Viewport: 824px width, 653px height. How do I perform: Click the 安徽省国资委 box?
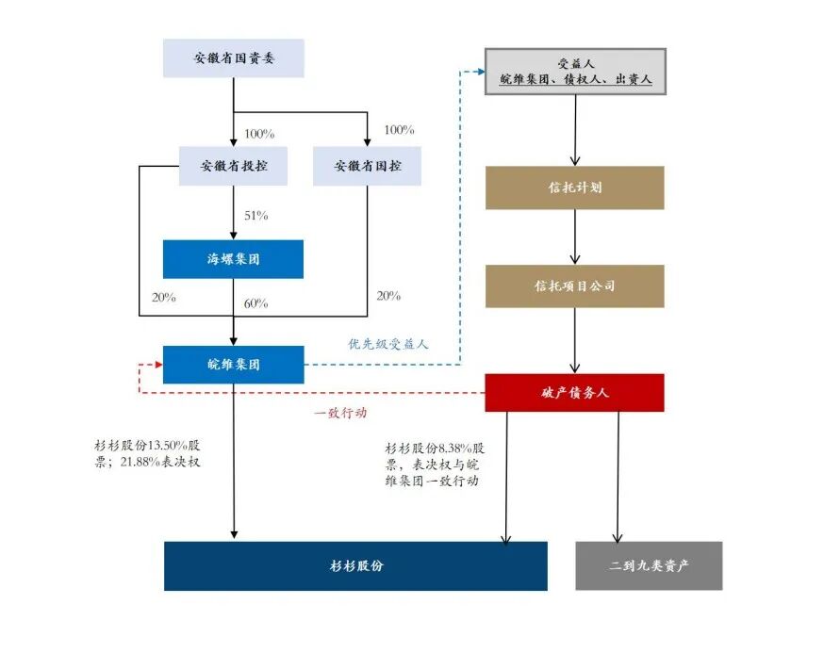coord(234,57)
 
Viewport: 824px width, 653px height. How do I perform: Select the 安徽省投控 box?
coord(234,166)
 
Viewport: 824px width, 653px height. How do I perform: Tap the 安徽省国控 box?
coord(367,166)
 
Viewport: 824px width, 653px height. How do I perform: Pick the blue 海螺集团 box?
coord(234,259)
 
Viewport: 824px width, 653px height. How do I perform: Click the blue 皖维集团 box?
coord(234,365)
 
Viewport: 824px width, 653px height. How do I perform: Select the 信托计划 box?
coord(574,188)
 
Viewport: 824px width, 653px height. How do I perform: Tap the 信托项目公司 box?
coord(574,286)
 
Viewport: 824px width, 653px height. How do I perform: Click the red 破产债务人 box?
coord(574,392)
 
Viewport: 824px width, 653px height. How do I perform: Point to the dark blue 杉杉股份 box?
coord(355,565)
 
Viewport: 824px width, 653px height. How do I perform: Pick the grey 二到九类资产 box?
coord(649,565)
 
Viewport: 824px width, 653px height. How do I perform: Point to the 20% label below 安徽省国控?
coord(388,296)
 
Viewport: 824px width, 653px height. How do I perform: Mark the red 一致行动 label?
coord(339,413)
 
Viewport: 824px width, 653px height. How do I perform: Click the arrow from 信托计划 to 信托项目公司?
coord(575,237)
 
